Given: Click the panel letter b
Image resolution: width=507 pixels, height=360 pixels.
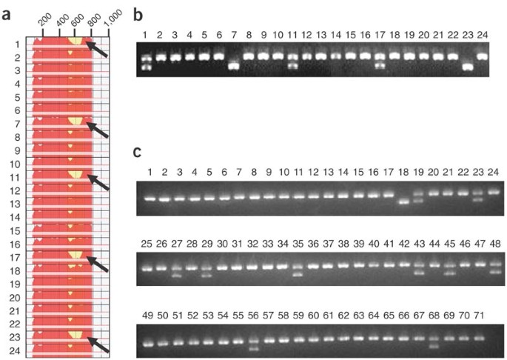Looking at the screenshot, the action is click(136, 14).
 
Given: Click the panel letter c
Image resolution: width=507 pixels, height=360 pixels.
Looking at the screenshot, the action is click(136, 152).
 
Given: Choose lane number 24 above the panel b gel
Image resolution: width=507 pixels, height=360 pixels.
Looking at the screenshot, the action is click(483, 34).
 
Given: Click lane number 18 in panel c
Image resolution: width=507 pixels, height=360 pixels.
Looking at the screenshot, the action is click(404, 173).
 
